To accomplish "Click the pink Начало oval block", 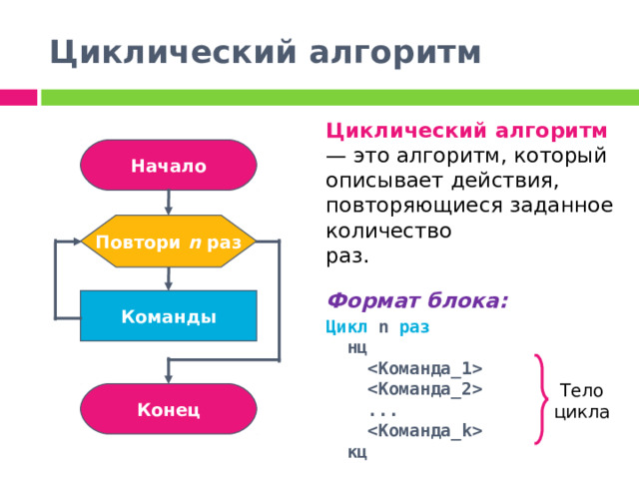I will [x=169, y=166].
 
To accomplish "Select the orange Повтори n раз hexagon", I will [x=169, y=242].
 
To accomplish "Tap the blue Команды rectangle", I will [x=169, y=316].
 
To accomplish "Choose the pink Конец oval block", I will [x=169, y=409].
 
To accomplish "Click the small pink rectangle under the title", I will [x=18, y=97].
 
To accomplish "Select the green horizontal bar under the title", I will [x=339, y=97].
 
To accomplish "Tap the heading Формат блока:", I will [x=417, y=300].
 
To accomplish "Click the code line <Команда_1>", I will [x=425, y=369].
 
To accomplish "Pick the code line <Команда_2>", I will [x=425, y=389].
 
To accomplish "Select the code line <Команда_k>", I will [x=425, y=431].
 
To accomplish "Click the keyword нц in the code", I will [x=357, y=348].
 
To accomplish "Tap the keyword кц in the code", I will [x=357, y=452].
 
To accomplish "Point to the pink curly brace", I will [x=542, y=399].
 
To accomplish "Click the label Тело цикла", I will [x=582, y=401].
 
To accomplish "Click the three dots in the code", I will [x=382, y=411].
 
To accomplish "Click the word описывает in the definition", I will [x=380, y=182].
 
